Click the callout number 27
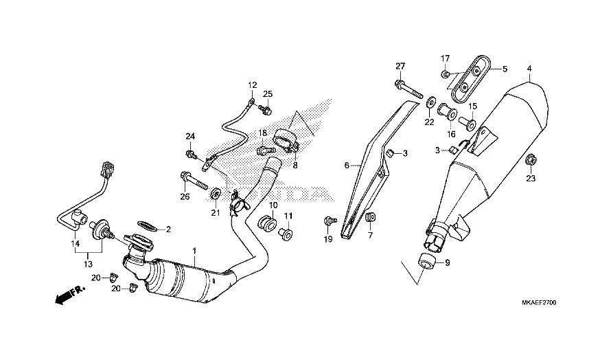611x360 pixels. point(400,67)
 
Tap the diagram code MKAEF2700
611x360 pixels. point(540,303)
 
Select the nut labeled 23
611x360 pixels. point(530,160)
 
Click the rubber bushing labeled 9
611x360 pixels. point(426,260)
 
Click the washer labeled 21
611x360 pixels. point(215,193)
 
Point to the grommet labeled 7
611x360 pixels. point(371,217)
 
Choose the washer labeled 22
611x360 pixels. point(431,102)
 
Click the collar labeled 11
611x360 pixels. point(286,235)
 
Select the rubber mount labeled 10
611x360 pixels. point(267,224)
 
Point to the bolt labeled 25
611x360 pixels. point(266,110)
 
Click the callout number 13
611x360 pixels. point(89,264)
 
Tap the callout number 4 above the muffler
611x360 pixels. point(529,69)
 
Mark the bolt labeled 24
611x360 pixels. point(192,154)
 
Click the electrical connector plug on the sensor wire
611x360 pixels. point(108,168)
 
